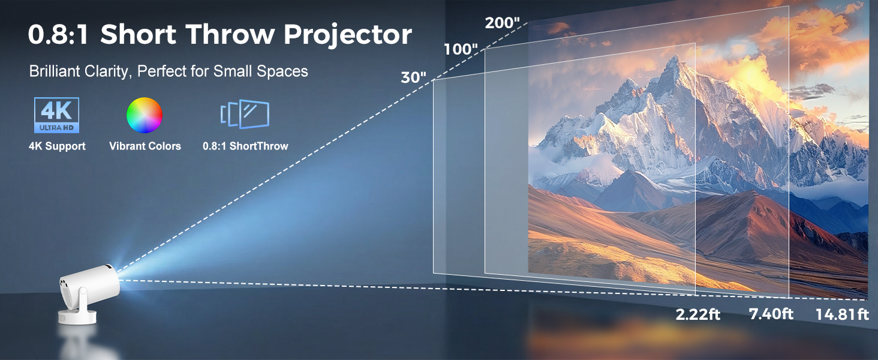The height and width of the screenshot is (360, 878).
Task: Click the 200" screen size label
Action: point(502,23)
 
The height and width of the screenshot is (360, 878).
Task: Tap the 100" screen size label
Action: point(461,49)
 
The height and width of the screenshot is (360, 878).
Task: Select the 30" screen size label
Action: point(414,78)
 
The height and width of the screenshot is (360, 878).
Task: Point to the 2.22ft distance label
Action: point(698,314)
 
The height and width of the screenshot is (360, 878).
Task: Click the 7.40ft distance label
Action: point(771,314)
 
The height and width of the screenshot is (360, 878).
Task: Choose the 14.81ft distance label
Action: point(842,314)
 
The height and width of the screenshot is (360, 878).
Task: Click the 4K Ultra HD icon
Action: point(56,115)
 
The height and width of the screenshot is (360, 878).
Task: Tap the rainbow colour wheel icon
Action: point(145,115)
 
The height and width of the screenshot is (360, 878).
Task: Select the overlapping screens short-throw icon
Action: point(245,115)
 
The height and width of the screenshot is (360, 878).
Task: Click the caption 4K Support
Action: point(57,146)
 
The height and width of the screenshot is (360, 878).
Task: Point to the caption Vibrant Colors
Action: point(145,146)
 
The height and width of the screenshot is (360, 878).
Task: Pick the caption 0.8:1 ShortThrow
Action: point(245,146)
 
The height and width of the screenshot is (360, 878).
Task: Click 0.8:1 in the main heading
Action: point(59,35)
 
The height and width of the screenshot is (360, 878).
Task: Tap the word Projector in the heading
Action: point(348,35)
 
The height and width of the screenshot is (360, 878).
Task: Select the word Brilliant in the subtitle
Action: point(53,71)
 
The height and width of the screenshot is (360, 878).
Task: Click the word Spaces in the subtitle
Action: point(282,71)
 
